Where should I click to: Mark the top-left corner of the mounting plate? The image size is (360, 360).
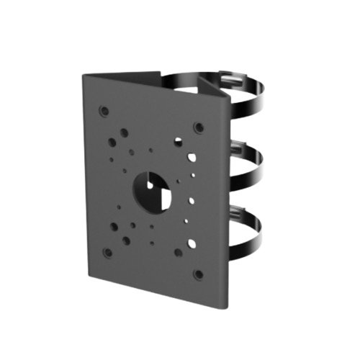click(x=82, y=73)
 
